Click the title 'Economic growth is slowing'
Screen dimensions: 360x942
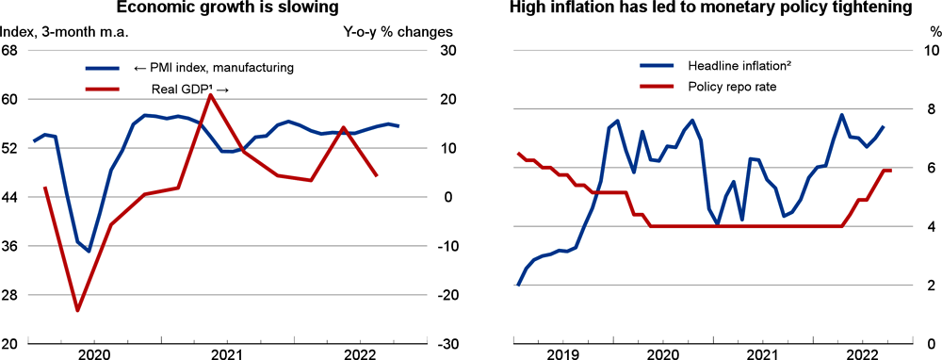pos(228,9)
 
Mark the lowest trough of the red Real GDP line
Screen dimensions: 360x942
pos(77,310)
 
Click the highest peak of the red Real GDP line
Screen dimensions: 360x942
pos(211,95)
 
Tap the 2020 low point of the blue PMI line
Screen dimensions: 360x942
pos(89,252)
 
